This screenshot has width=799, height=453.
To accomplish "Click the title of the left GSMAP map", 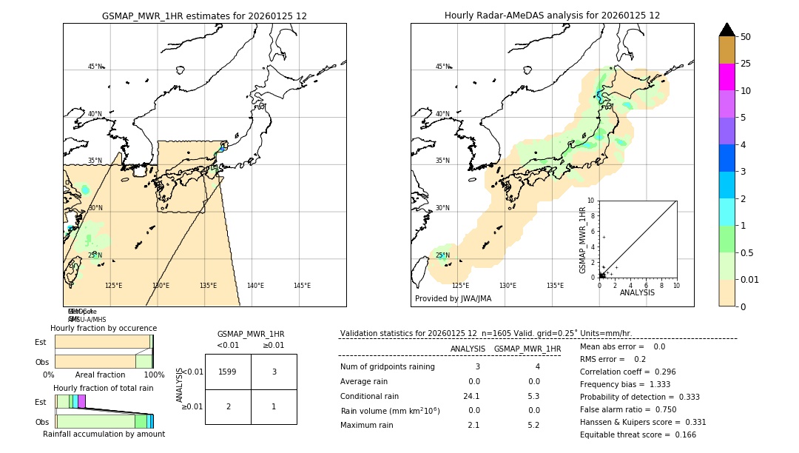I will pyautogui.click(x=204, y=16).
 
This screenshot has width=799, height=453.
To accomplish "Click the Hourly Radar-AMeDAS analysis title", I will pyautogui.click(x=552, y=16).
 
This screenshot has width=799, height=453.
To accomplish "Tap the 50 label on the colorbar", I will pyautogui.click(x=746, y=37).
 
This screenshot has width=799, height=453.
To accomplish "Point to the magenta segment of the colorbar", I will pyautogui.click(x=726, y=77).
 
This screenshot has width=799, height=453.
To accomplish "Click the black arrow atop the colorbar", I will pyautogui.click(x=726, y=30).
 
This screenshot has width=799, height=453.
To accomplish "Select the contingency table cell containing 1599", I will pyautogui.click(x=228, y=372).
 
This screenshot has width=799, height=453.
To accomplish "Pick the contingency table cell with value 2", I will pyautogui.click(x=228, y=406).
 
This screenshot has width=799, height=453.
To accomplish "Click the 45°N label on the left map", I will pyautogui.click(x=95, y=67).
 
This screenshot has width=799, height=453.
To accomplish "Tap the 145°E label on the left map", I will pyautogui.click(x=302, y=286).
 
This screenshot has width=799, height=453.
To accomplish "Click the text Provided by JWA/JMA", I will pyautogui.click(x=453, y=299).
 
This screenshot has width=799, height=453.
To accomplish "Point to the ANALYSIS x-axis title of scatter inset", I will pyautogui.click(x=637, y=292).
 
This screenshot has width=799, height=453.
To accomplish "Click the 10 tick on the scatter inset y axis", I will pyautogui.click(x=591, y=201).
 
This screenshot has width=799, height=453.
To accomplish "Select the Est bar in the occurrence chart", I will pyautogui.click(x=103, y=341).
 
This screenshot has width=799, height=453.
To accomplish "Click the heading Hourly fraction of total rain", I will pyautogui.click(x=104, y=388).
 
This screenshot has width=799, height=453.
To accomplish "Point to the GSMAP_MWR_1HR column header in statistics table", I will pyautogui.click(x=527, y=349).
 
